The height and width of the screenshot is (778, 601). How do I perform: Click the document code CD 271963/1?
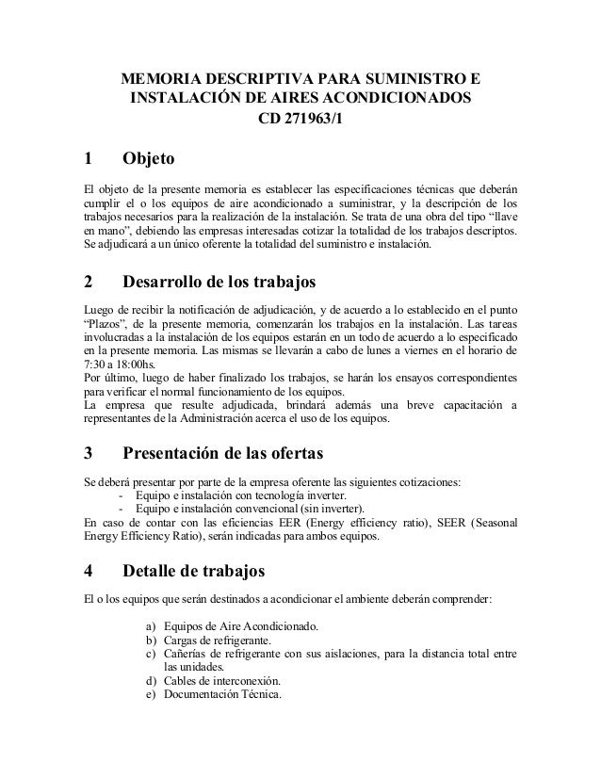(301, 120)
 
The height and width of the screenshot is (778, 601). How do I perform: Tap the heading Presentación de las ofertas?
(223, 454)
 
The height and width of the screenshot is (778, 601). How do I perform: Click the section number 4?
(89, 570)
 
